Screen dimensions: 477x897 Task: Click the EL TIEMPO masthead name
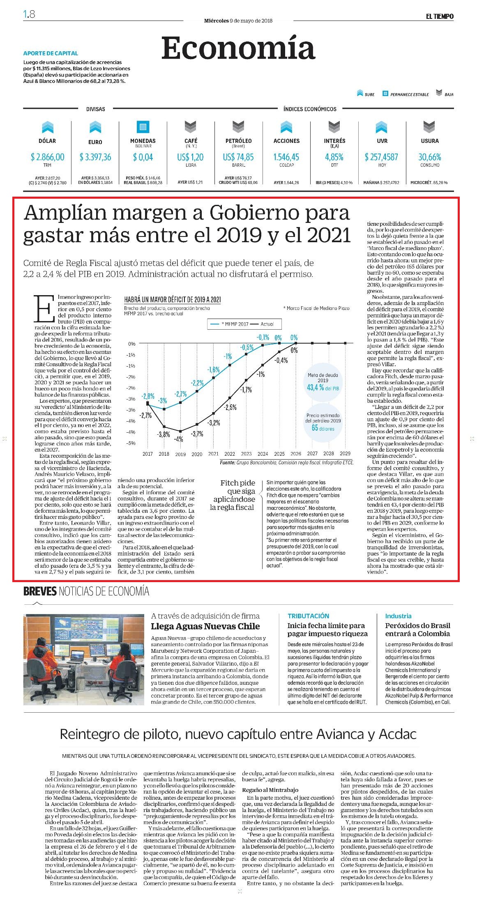point(439,16)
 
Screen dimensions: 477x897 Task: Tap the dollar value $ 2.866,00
point(47,157)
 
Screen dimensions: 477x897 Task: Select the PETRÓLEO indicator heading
point(238,141)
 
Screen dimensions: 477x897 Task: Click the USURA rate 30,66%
point(429,157)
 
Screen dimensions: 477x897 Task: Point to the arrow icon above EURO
point(95,127)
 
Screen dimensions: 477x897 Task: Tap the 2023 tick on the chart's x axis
point(246,454)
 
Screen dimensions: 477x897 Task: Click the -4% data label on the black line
point(179,438)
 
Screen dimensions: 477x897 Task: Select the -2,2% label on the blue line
point(197,383)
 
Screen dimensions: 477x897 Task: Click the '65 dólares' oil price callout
point(323,428)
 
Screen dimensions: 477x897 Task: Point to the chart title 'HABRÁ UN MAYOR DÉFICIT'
point(172,300)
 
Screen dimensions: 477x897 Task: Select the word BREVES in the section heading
point(40,591)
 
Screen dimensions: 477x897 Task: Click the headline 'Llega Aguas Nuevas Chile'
point(205,626)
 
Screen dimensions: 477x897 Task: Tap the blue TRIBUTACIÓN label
point(308,616)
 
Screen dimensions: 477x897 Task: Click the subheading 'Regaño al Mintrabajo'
point(270,790)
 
